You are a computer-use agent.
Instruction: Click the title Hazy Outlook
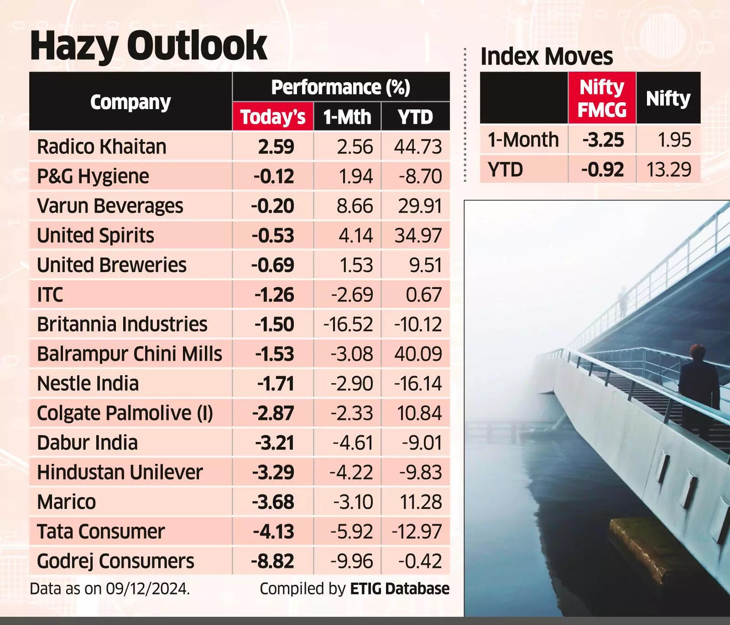coord(148,46)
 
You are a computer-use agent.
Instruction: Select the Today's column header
coord(273,117)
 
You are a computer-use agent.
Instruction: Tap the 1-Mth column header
coord(347,117)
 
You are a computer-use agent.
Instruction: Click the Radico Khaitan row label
coord(101,147)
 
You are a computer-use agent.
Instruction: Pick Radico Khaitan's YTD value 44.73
coord(418,147)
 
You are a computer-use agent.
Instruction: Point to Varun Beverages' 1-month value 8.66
coord(355,206)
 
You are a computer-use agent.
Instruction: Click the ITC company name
coord(50,294)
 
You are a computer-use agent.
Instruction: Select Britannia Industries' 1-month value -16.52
coord(348,324)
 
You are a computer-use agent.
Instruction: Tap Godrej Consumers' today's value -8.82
coord(272,561)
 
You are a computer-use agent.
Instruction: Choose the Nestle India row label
coord(88,383)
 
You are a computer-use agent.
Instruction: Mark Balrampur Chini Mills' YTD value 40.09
coord(418,354)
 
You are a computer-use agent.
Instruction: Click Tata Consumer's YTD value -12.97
coord(417,531)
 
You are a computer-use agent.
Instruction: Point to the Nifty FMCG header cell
coord(602,98)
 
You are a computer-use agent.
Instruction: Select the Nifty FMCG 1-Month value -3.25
coord(603,140)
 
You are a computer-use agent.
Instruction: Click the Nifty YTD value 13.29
coord(669,169)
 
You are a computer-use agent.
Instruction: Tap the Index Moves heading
coord(547,57)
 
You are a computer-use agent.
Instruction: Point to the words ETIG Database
coord(400,588)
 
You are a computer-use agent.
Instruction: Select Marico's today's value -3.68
coord(273,502)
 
